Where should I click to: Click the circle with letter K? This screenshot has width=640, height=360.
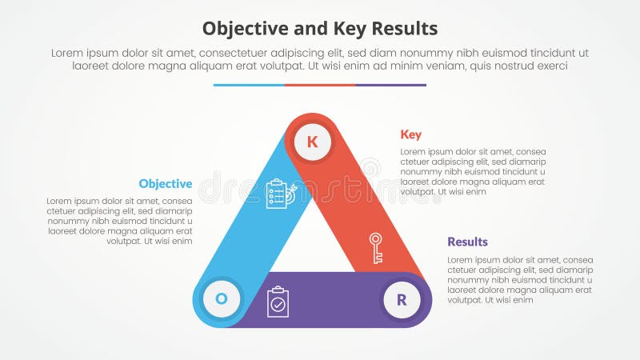pos(312,142)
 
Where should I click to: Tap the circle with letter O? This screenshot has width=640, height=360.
pos(222,299)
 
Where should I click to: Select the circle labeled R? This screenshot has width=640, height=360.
pos(402,300)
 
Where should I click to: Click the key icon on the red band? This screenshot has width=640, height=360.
pos(375,248)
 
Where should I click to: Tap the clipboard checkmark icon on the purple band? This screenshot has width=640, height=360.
pos(278,302)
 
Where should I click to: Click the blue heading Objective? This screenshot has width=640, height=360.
pos(165,183)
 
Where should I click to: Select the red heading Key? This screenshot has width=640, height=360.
pos(411,134)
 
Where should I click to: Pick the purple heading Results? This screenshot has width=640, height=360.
pos(467,242)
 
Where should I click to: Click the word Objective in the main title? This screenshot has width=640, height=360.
pos(243,29)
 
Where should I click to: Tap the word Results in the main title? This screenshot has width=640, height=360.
pos(403,29)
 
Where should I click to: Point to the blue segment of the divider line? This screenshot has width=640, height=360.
pos(249,85)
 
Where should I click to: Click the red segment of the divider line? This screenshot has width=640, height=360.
pos(320,85)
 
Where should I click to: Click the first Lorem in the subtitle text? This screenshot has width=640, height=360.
pos(69,52)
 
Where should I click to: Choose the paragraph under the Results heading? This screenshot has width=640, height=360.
pos(520,280)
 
